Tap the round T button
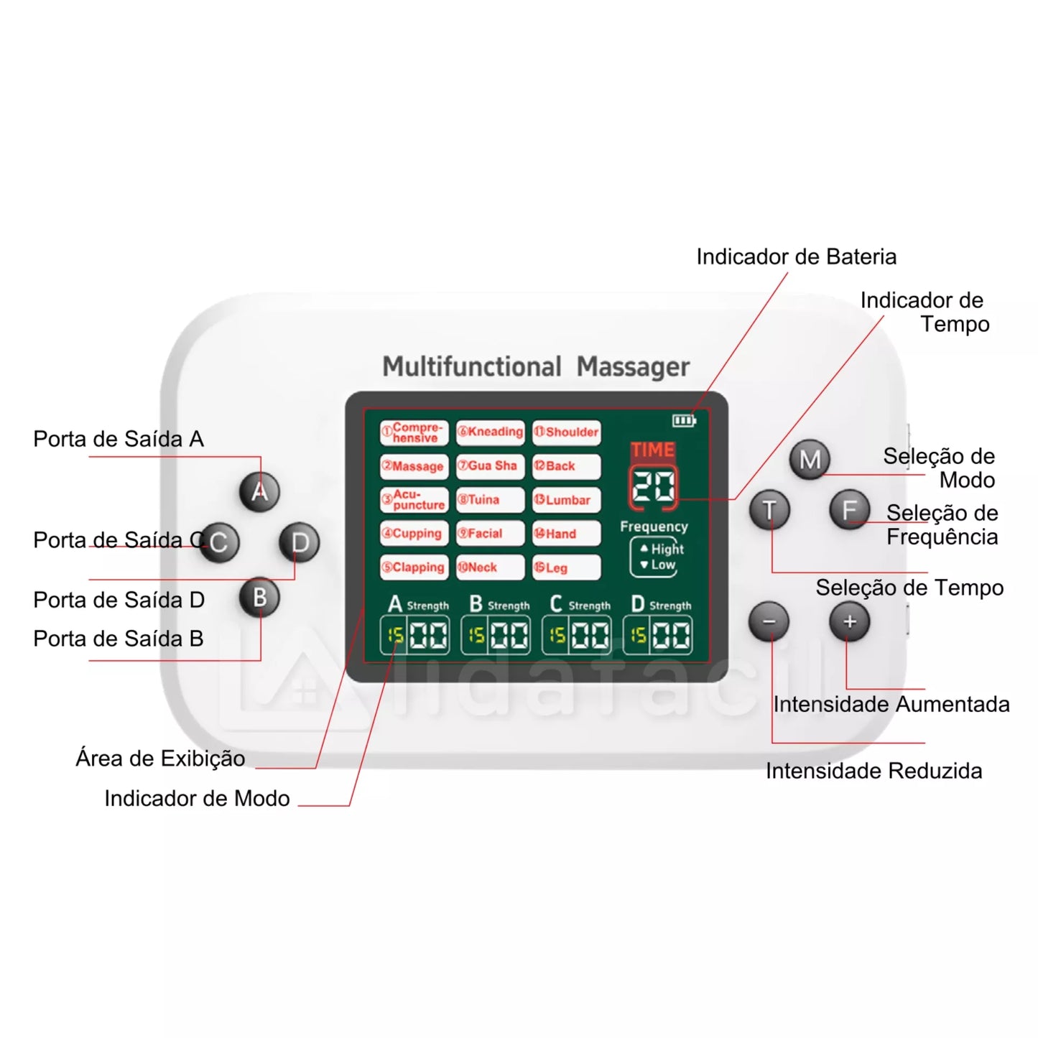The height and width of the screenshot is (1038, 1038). point(769,511)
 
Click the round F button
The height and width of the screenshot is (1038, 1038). point(849,511)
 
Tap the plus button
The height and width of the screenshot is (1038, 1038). point(849,622)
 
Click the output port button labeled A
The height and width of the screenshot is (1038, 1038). point(259,492)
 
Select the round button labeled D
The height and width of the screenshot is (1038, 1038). point(300,542)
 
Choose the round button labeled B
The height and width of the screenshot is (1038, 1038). point(259,598)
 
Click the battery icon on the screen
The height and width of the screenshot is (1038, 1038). point(683,420)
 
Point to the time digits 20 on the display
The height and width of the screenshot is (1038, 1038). point(653,487)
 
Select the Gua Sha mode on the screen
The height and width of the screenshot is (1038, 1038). point(490,466)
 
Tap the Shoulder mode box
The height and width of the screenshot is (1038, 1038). point(567,432)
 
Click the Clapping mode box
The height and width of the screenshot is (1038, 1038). point(414,567)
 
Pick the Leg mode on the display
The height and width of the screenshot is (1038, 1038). point(566,567)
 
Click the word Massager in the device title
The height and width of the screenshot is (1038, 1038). point(633,367)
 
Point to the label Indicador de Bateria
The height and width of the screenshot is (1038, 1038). point(796,257)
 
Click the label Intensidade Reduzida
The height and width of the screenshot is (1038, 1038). point(874,771)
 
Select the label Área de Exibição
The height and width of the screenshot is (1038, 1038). point(160,759)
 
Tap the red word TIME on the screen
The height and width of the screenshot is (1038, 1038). point(652,450)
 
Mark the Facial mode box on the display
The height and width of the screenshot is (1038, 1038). point(490,534)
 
